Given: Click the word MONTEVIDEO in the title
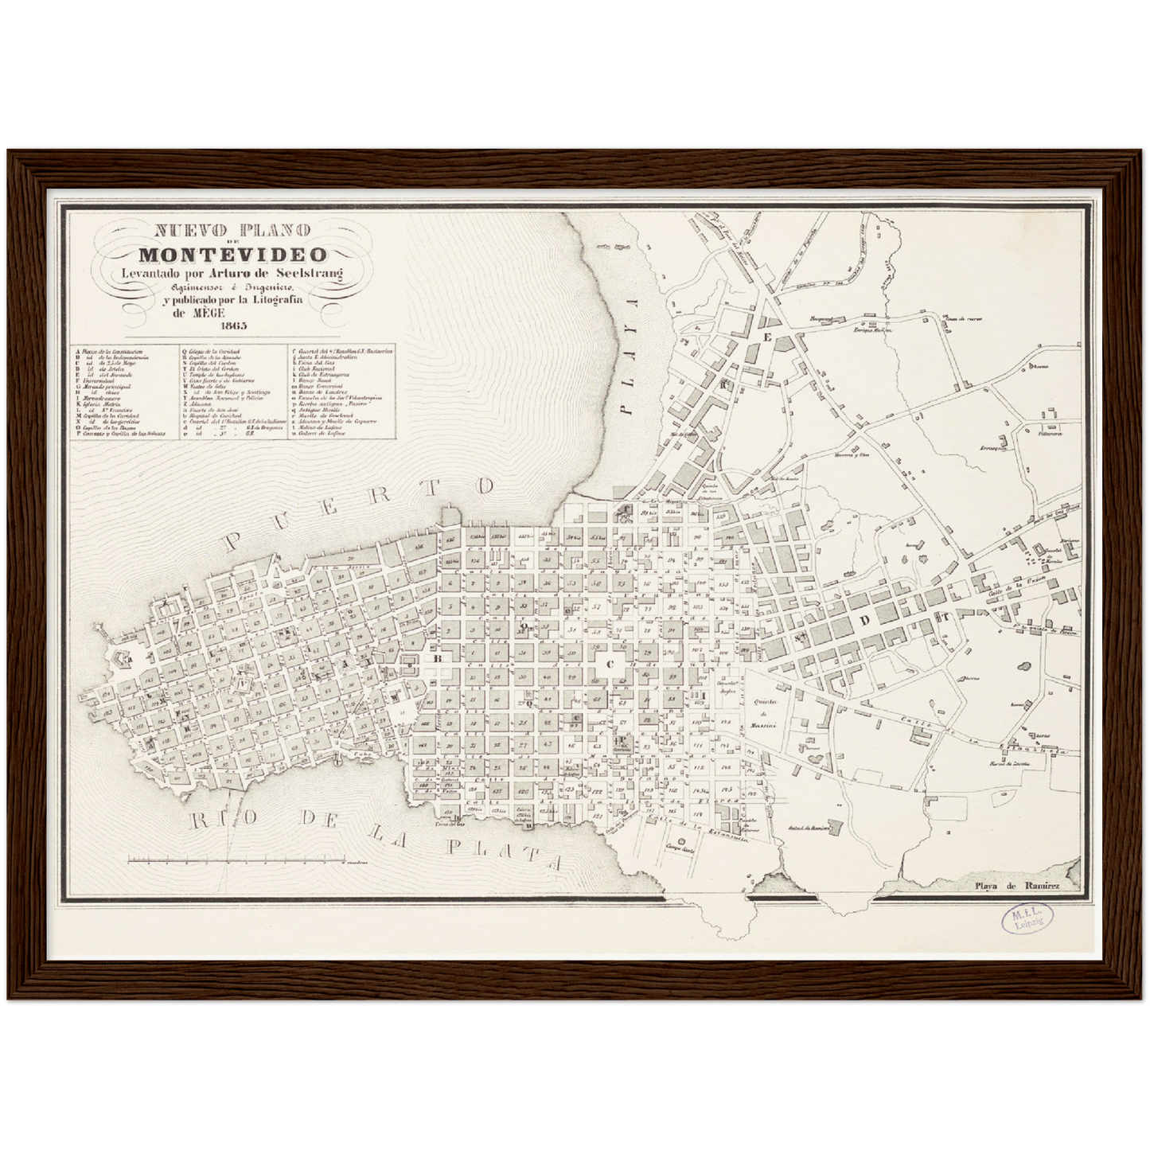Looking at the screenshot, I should pos(232,255).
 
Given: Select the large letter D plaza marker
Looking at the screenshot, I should pos(864,621).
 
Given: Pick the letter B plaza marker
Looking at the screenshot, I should pos(437,659).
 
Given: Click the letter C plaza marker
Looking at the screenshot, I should pos(611,663).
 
